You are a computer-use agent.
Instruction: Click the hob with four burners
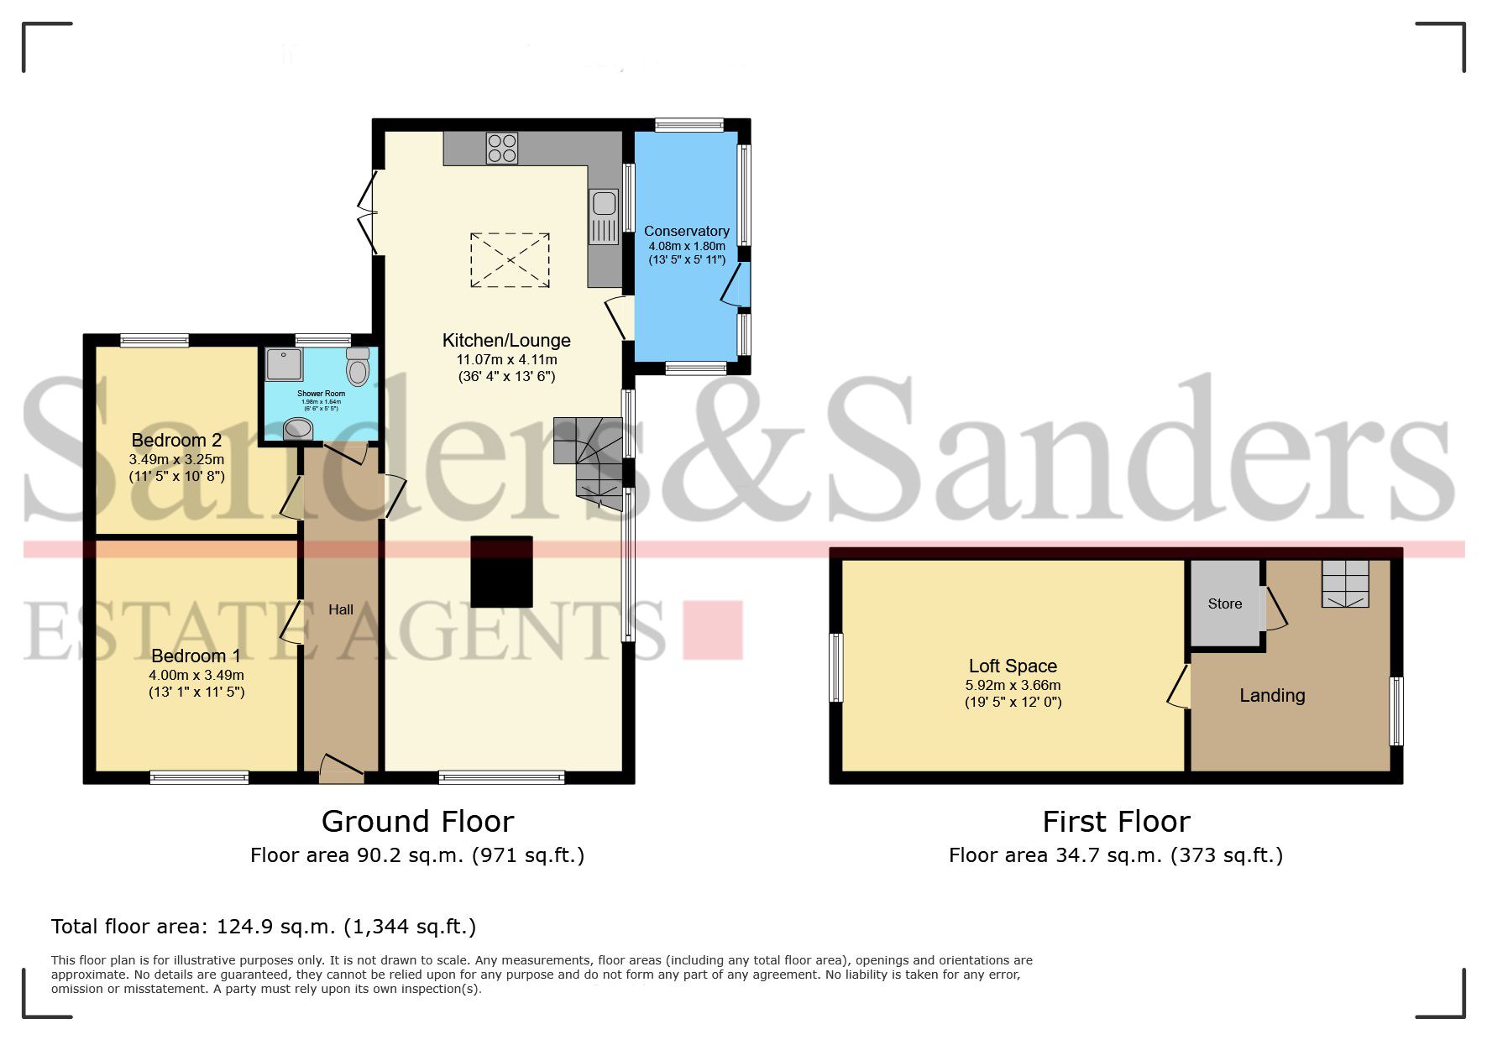click(501, 149)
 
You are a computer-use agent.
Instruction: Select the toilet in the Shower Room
click(358, 367)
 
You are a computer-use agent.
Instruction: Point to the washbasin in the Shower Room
click(296, 429)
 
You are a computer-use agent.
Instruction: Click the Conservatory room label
click(686, 231)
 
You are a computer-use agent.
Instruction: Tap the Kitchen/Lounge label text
click(506, 340)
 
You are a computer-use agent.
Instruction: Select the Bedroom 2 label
click(176, 440)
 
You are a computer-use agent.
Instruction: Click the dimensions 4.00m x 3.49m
click(196, 675)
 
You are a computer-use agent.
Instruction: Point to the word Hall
click(340, 609)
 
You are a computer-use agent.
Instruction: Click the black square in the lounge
click(501, 572)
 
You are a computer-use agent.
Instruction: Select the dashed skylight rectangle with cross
click(509, 260)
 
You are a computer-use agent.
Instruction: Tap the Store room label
click(1224, 604)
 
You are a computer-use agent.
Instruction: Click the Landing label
click(1272, 695)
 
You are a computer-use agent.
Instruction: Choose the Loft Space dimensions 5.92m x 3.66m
click(1013, 685)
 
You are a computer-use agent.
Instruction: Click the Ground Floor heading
click(417, 821)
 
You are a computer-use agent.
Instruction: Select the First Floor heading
click(1116, 821)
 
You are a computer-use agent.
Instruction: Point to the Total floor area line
click(264, 927)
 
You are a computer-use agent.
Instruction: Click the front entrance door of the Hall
click(342, 767)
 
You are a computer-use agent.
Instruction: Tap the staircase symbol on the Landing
click(1345, 583)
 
